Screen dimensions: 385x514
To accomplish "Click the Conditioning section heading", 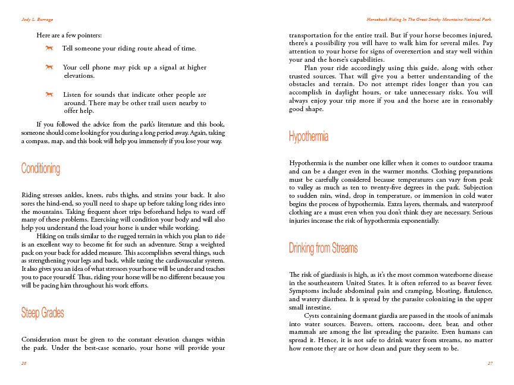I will pos(40,169).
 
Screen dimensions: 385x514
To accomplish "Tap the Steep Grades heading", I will pos(42,313).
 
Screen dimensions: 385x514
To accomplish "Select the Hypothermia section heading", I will pos(309,137).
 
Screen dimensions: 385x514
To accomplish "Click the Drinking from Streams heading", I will pos(323,248).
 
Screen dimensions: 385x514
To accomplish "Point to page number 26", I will pos(23,362).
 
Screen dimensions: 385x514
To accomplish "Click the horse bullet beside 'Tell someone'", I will pos(51,48).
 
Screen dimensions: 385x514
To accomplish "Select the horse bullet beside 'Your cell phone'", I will pos(51,67).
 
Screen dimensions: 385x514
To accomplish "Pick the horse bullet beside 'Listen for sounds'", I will pos(51,94).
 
